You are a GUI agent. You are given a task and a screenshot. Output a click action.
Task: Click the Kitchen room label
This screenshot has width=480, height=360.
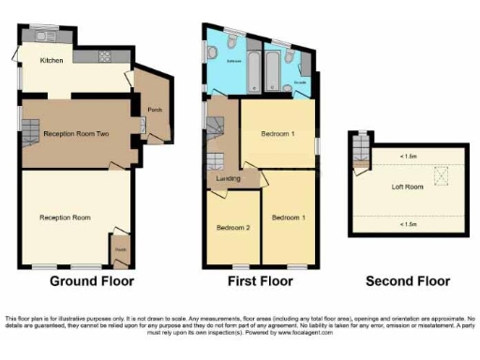click(51, 61)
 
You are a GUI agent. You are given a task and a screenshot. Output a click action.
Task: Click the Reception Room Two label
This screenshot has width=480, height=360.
click(79, 134)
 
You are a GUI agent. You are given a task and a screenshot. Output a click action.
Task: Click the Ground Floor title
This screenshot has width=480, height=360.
click(91, 281)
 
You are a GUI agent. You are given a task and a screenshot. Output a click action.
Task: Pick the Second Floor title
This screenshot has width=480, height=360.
click(408, 281)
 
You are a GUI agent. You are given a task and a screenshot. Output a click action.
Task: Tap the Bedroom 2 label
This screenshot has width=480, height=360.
click(232, 228)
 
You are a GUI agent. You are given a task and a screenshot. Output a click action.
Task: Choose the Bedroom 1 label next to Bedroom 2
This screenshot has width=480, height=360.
click(287, 217)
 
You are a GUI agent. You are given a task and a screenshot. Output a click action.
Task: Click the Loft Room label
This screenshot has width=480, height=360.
click(408, 187)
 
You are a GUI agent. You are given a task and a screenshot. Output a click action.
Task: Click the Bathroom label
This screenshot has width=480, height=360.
click(233, 59)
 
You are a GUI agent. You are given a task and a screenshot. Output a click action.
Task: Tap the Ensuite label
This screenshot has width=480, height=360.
click(299, 83)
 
